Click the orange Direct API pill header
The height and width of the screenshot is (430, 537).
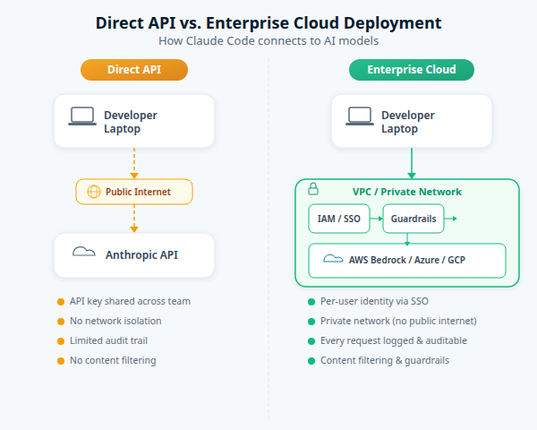(x=134, y=70)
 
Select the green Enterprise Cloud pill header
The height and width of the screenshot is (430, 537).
(x=411, y=70)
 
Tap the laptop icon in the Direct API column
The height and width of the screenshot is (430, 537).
(x=82, y=116)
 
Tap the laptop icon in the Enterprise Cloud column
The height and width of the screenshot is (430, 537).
(x=360, y=116)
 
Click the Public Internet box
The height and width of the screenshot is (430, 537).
(x=134, y=192)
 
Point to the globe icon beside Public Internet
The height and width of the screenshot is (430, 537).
(x=93, y=192)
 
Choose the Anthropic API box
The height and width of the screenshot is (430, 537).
(x=134, y=254)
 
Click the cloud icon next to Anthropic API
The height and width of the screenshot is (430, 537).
(x=84, y=253)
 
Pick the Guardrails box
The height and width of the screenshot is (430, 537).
(x=413, y=219)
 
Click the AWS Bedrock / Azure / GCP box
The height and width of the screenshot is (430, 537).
(x=407, y=261)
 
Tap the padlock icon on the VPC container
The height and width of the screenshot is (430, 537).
(x=313, y=189)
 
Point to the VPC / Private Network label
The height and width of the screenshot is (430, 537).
(x=407, y=192)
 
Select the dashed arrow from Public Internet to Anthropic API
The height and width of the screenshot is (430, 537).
(x=134, y=218)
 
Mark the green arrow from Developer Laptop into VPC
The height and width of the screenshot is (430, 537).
(x=411, y=163)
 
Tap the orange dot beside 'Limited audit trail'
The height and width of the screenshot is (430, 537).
(x=61, y=340)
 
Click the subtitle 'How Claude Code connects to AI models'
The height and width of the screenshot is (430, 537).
(x=268, y=40)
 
